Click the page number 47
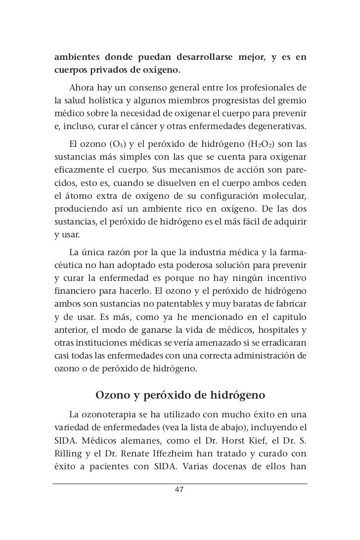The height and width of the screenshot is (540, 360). tap(180, 490)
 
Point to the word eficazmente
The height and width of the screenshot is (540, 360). tap(76, 168)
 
